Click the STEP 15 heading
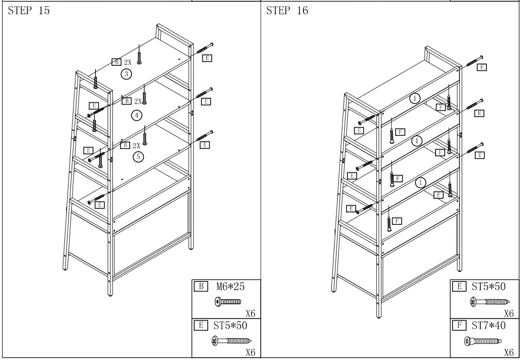coord(29,11)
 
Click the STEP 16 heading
coord(287,11)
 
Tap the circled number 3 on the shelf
coord(126,74)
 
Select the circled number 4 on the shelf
coord(136,115)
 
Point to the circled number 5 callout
coord(138,157)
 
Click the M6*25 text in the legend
coord(230,287)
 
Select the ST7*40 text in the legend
coord(489,326)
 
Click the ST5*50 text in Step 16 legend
coord(489,287)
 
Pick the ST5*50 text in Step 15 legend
coord(230,326)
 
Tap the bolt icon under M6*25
coord(227,302)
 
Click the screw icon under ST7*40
coord(483,340)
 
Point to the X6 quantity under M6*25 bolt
coord(250,313)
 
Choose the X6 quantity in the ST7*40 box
coord(509,353)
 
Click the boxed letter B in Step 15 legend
coord(200,287)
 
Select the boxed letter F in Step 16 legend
coord(458,326)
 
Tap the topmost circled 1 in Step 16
coord(414,98)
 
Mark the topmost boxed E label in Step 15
coord(207,58)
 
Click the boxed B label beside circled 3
coord(116,62)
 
